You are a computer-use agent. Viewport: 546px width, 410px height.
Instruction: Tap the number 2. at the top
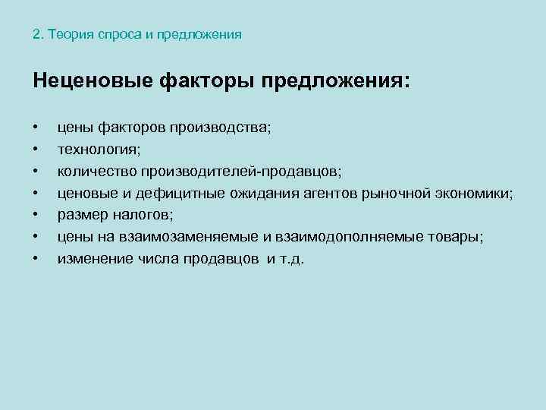point(39,35)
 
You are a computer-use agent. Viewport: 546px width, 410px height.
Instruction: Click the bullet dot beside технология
point(35,149)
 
